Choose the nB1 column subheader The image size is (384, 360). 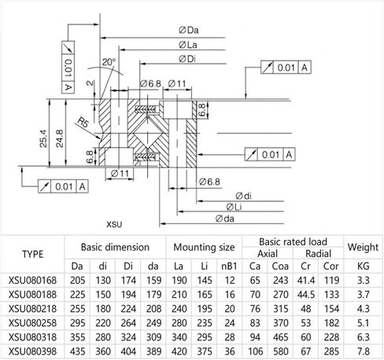coord(230,265)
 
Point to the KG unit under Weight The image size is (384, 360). coord(364,265)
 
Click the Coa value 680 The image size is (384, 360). coord(279,351)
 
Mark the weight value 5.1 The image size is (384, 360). coord(364,322)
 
